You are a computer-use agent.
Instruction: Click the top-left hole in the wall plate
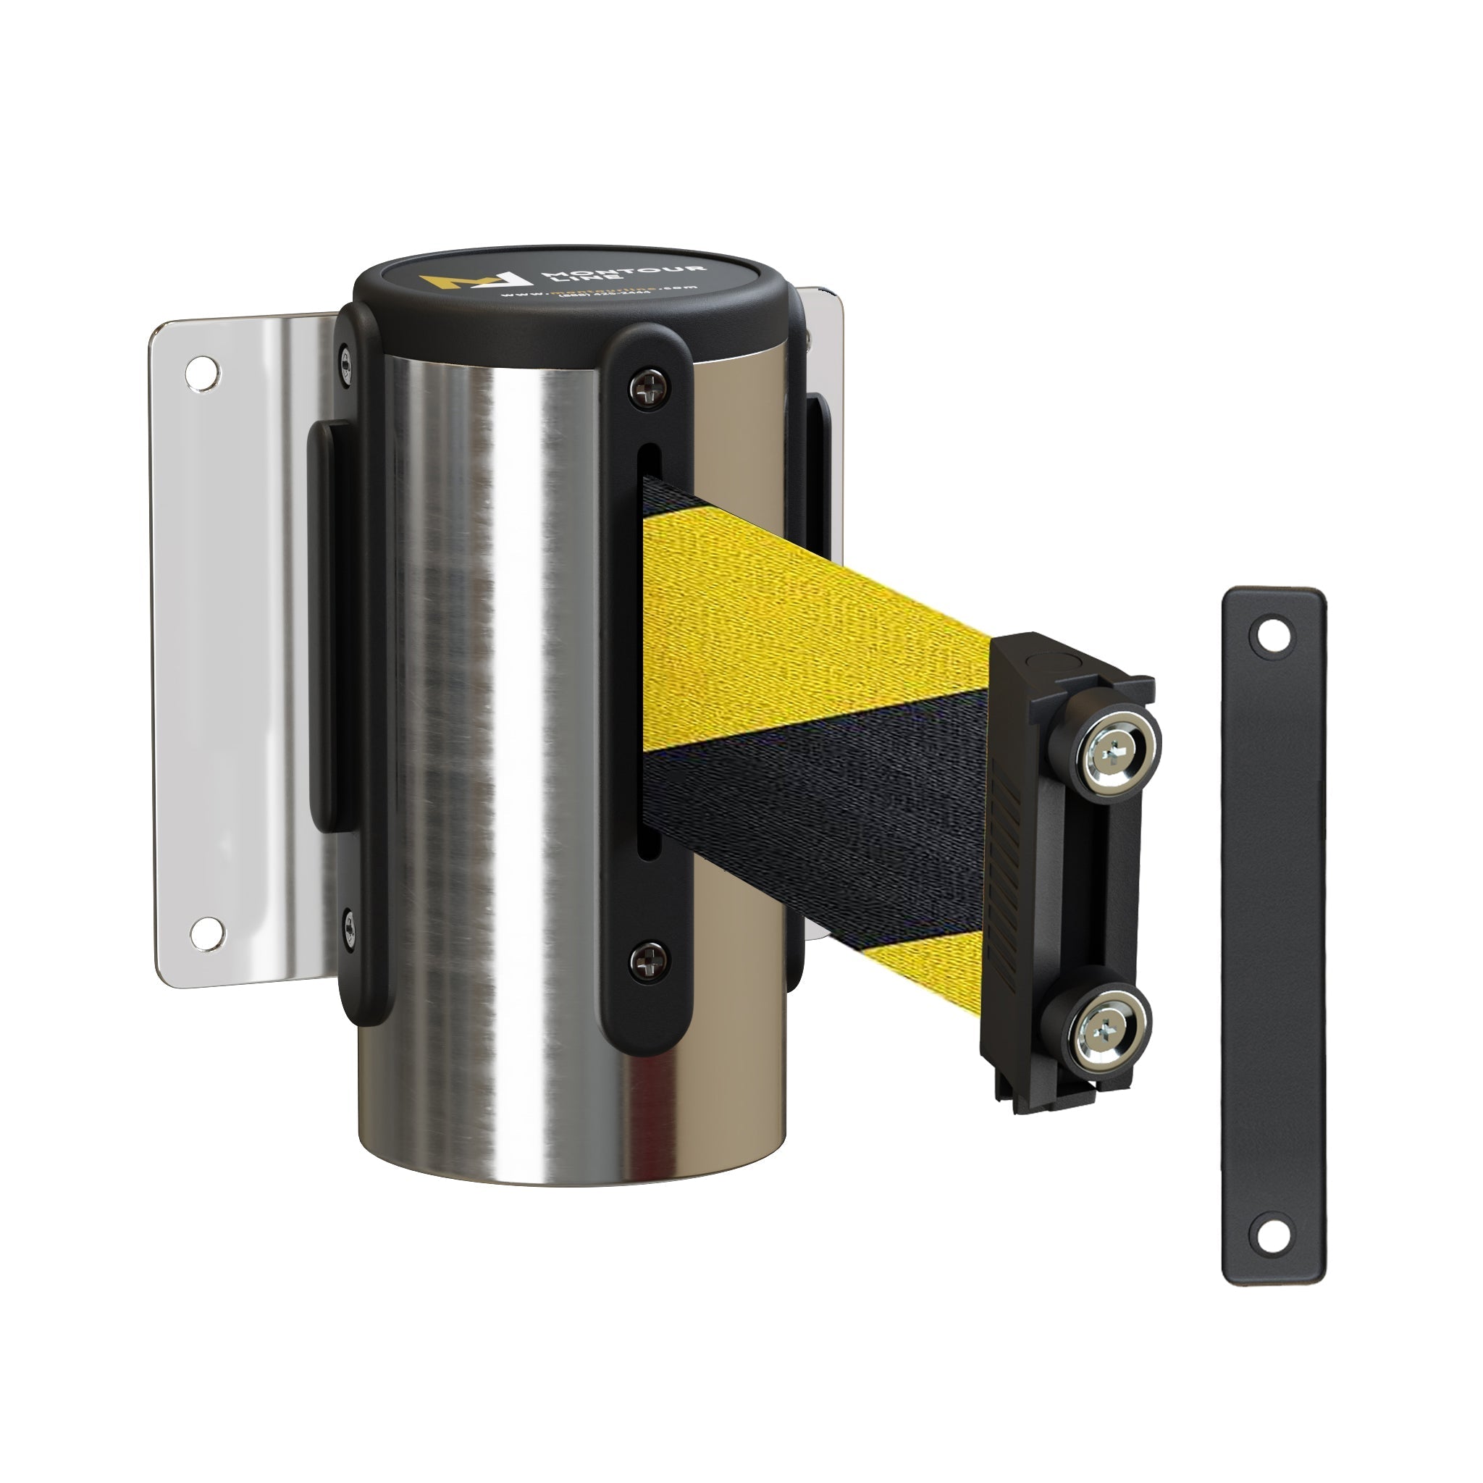(203, 371)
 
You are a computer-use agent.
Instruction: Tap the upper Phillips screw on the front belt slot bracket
(650, 387)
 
